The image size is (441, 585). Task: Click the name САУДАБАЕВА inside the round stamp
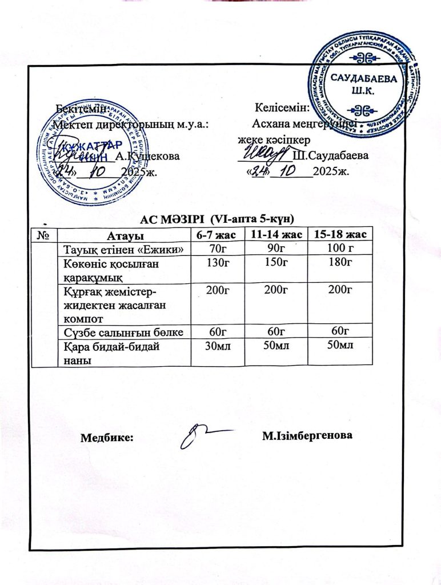point(364,81)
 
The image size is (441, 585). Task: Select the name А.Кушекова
point(147,155)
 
